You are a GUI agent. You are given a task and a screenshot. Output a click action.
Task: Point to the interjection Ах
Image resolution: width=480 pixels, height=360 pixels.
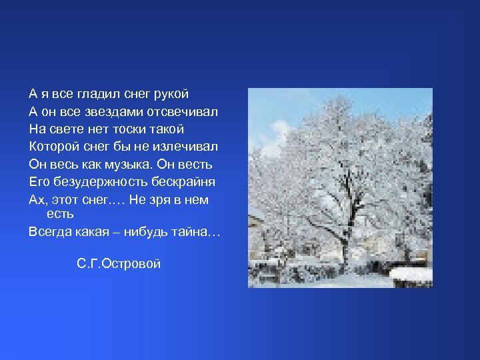pyautogui.click(x=37, y=200)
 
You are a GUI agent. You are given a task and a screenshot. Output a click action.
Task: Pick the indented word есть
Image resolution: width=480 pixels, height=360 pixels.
pyautogui.click(x=60, y=215)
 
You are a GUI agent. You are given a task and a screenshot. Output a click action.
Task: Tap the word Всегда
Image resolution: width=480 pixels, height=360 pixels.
pyautogui.click(x=49, y=233)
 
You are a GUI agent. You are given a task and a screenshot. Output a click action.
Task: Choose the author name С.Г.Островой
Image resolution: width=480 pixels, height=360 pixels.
pyautogui.click(x=119, y=264)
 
